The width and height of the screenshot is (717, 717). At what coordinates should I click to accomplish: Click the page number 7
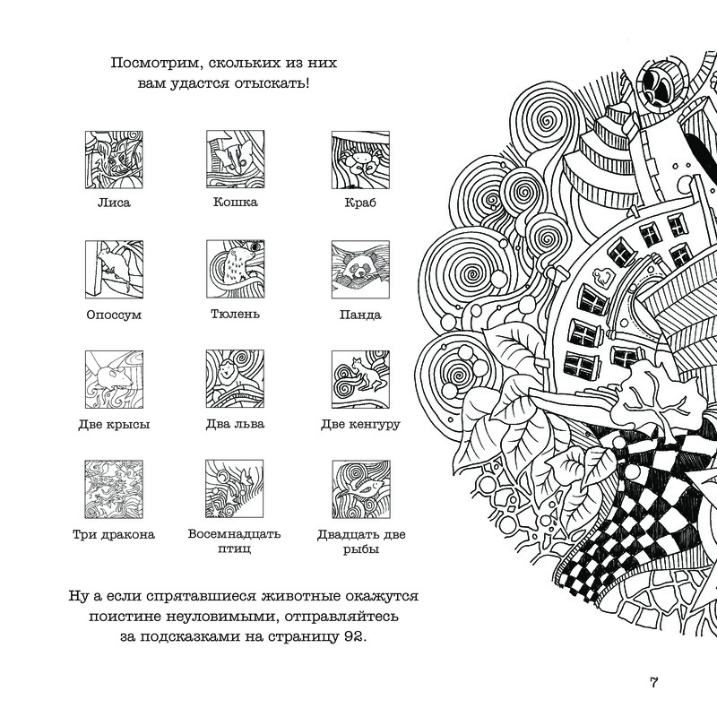tap(654, 684)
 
